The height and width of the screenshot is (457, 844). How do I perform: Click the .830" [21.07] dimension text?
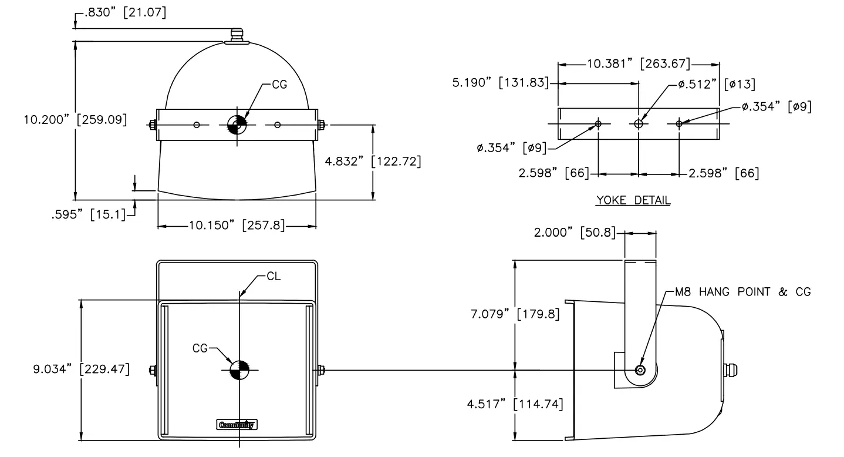[125, 13]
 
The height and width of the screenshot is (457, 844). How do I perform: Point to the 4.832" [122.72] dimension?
[373, 160]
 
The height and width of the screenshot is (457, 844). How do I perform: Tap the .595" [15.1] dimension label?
[89, 214]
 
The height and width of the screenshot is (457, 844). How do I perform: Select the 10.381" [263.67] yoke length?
[638, 64]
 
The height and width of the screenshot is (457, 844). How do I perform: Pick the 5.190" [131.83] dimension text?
[499, 83]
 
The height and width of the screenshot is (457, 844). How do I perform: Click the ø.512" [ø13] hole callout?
[716, 84]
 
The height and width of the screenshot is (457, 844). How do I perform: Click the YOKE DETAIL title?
[633, 200]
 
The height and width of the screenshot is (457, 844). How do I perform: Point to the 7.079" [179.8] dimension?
[514, 314]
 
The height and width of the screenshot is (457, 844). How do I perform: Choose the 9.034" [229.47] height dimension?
[81, 369]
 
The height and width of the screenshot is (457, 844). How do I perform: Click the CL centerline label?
[274, 276]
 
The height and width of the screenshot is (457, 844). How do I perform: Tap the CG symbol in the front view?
[239, 369]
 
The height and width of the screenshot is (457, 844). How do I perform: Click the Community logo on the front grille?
[237, 425]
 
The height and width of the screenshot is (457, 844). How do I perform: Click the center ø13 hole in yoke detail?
[639, 124]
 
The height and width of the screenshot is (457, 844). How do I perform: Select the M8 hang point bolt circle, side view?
[640, 370]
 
